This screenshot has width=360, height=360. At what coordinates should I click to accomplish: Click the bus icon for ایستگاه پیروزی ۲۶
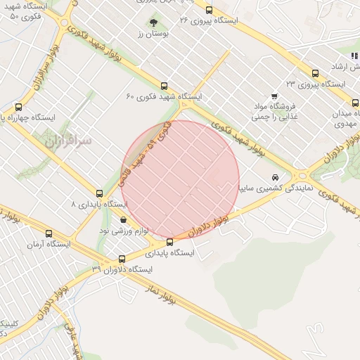[x=209, y=10]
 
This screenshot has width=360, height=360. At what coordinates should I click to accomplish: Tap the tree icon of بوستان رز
[x=154, y=23]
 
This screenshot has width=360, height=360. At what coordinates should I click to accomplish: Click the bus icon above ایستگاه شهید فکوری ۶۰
[x=165, y=86]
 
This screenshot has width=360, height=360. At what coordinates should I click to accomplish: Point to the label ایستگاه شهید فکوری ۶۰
[x=164, y=96]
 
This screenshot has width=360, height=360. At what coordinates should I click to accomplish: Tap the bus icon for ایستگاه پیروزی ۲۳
[x=314, y=72]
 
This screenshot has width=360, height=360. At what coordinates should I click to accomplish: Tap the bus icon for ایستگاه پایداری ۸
[x=99, y=193]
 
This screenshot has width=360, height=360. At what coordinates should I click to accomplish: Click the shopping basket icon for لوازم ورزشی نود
[x=124, y=220]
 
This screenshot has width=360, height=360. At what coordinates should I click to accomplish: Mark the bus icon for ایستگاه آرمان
[x=49, y=233]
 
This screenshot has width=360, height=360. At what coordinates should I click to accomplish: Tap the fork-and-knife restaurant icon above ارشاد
[x=354, y=56]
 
